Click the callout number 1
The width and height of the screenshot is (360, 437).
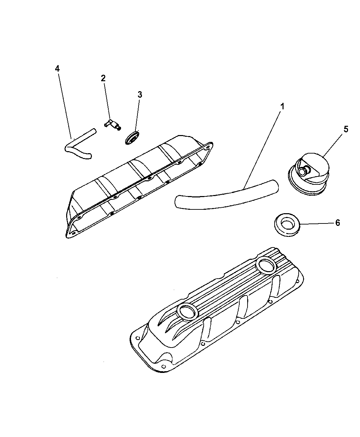[282, 107]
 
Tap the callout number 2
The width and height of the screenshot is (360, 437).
[103, 78]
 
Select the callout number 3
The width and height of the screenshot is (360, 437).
[140, 95]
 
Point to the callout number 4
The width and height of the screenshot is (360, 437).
[57, 69]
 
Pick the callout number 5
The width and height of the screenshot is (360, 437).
[346, 129]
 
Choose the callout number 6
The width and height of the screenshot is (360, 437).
[338, 223]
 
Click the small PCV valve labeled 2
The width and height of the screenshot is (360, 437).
[113, 124]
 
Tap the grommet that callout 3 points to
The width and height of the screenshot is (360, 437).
[132, 138]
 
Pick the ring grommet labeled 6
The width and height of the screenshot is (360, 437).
[287, 225]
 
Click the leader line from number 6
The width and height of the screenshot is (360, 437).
[317, 224]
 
